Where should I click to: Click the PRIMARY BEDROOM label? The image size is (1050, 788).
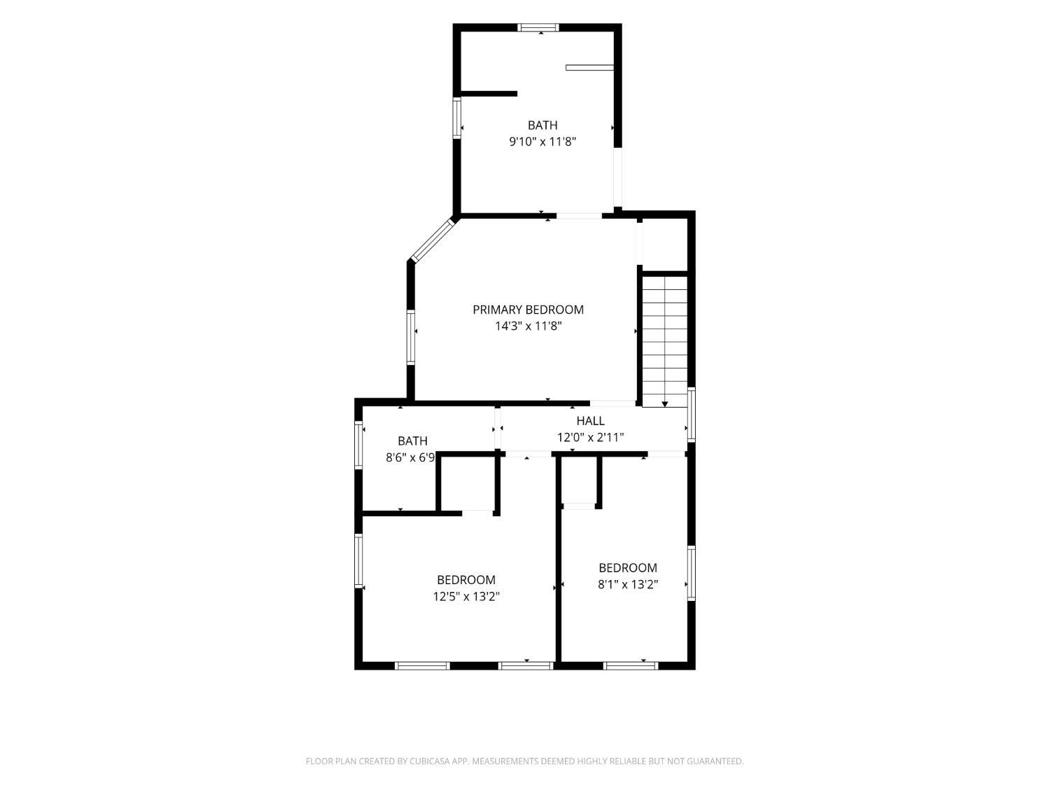coord(528,310)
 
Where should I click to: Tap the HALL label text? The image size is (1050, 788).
coord(590,420)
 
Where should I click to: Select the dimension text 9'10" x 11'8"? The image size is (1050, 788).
coord(542,141)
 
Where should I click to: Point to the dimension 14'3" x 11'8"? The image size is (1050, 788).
coord(528,326)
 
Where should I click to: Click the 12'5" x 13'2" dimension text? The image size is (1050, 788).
coord(466,597)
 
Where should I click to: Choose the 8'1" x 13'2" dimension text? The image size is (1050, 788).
coord(628,584)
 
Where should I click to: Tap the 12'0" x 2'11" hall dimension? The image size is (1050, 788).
coord(591,437)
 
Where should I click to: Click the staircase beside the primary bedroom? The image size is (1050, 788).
coord(664,341)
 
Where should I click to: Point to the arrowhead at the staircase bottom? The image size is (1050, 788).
coord(664,404)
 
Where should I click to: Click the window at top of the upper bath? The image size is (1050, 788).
coord(538,27)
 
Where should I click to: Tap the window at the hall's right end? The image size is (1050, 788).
coord(691,415)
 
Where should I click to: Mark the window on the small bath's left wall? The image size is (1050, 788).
coord(358,445)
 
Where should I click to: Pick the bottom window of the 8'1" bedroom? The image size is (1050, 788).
coord(631,665)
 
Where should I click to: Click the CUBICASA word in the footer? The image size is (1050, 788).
coord(430,761)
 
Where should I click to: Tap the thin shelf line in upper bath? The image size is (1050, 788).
coord(589,67)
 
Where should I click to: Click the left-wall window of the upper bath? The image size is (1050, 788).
coord(457,118)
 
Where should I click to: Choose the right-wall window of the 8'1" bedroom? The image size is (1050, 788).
coord(691,573)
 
